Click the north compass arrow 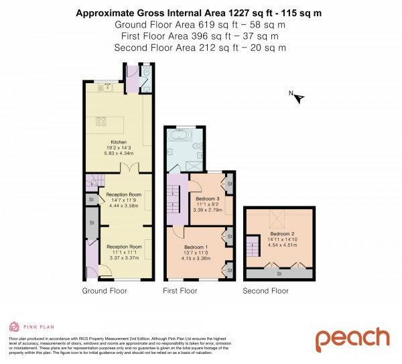tap(299, 98)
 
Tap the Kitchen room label tap(118, 142)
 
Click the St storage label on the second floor tap(279, 274)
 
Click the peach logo tap(352, 339)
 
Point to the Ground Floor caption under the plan tap(104, 291)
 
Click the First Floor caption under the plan tap(180, 291)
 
